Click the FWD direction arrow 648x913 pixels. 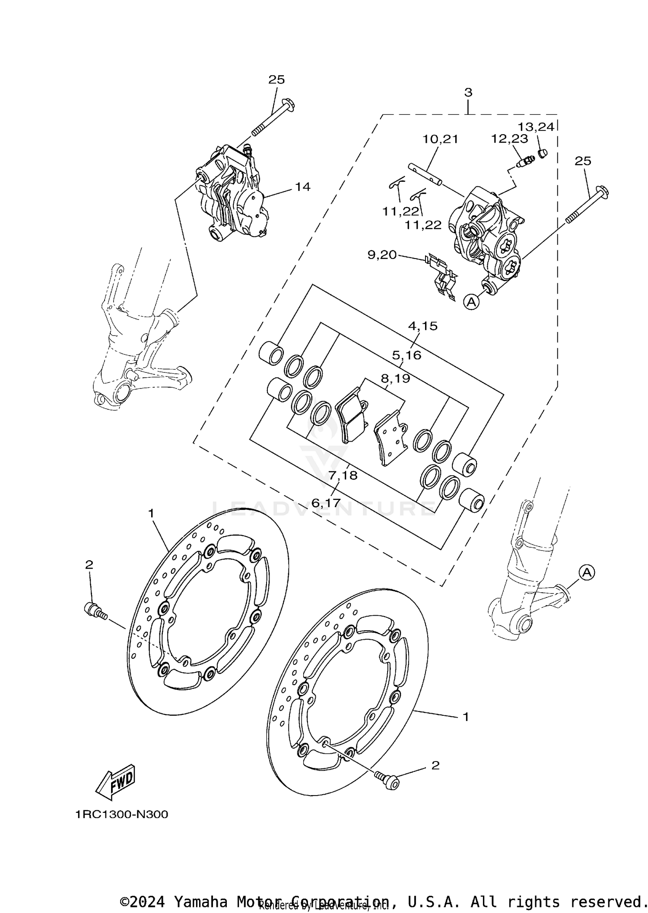116,782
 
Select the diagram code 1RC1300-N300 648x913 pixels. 121,815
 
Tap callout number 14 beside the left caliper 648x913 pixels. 302,186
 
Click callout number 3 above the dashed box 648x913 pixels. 468,92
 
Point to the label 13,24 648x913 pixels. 536,127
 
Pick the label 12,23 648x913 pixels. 509,139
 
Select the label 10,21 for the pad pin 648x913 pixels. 440,139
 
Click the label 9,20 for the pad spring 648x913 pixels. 382,255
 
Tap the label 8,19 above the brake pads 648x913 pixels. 395,378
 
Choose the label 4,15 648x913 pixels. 423,326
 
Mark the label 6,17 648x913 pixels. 326,502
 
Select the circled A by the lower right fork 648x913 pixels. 586,572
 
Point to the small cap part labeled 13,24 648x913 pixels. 542,152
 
